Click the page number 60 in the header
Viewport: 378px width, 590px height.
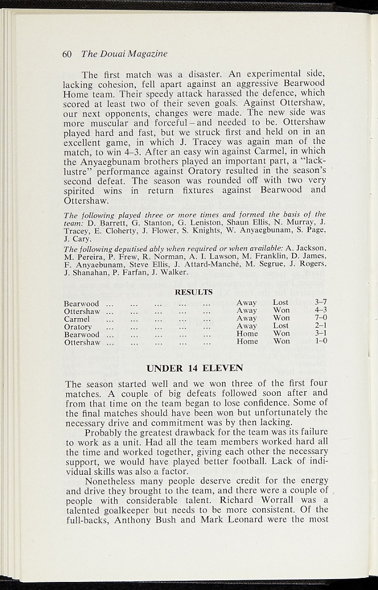point(66,54)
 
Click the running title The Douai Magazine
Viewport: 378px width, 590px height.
point(124,54)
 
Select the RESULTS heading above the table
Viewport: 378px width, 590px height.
point(194,292)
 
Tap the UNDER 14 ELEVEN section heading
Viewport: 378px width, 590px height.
point(195,368)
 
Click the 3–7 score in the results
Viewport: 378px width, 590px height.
point(321,302)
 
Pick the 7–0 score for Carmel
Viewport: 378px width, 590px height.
point(321,318)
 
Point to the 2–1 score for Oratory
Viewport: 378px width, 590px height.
point(321,326)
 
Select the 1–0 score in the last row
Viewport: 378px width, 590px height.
point(321,341)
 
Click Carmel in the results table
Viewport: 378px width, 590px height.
point(77,319)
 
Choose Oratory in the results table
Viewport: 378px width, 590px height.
point(78,326)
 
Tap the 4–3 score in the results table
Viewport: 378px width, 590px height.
point(321,310)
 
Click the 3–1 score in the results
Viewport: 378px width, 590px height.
point(321,334)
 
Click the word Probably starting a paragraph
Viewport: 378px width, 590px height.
point(104,432)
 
